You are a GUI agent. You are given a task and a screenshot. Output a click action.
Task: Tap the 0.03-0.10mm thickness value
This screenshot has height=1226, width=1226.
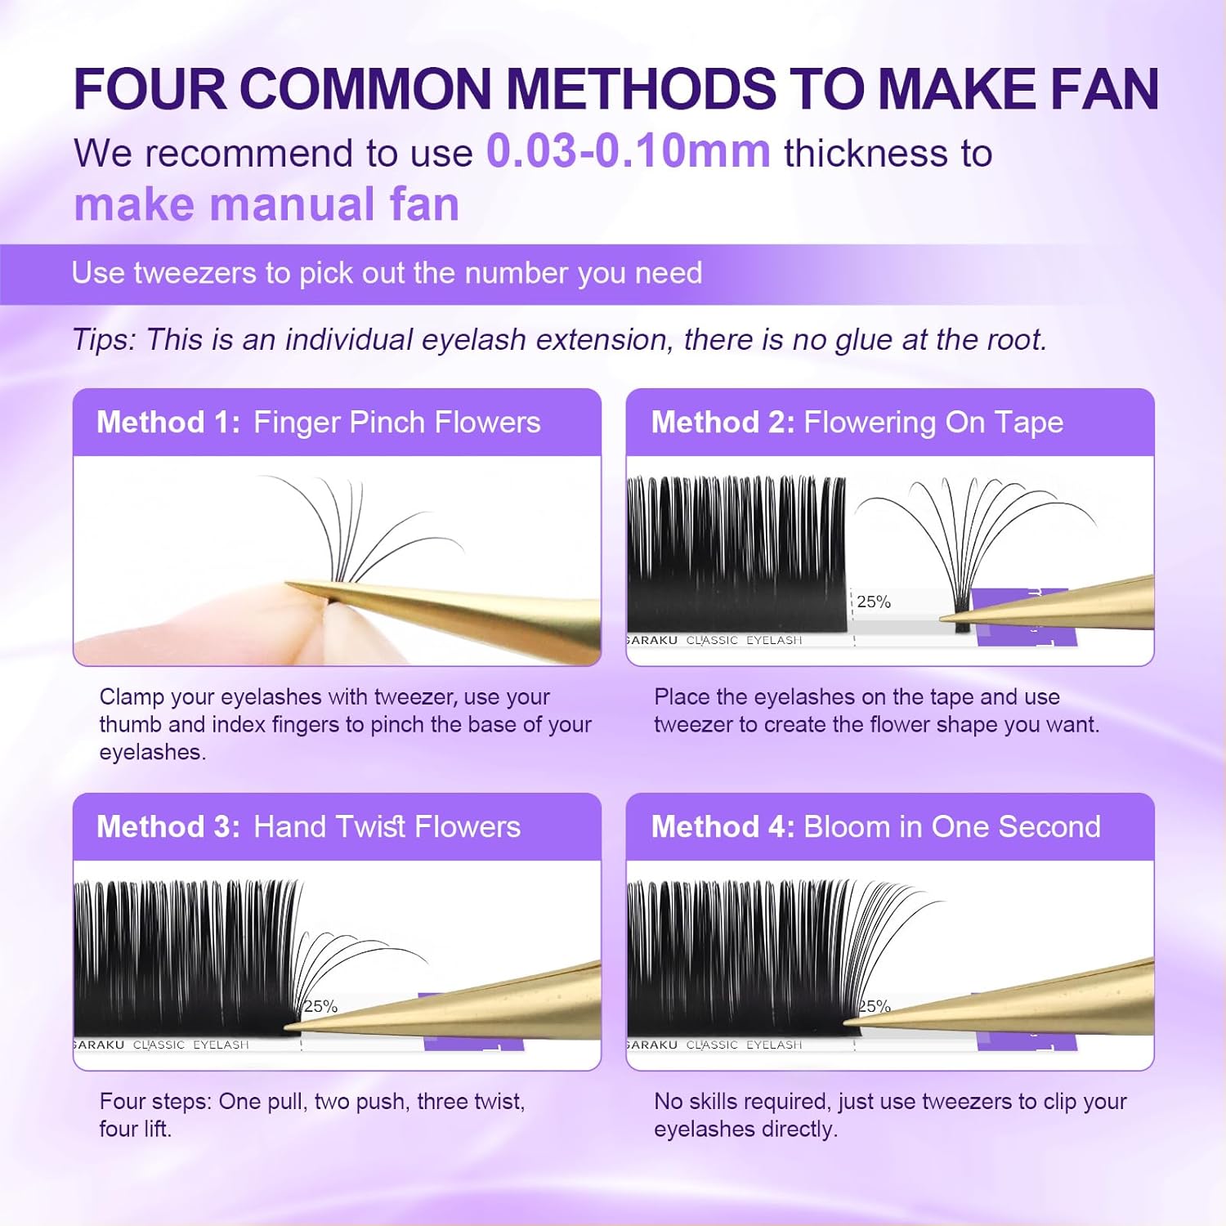(628, 151)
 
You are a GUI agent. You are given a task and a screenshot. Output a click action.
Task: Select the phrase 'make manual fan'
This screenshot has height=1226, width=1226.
(266, 204)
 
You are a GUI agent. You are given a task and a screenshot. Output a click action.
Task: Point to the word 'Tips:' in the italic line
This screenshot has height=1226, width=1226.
(104, 339)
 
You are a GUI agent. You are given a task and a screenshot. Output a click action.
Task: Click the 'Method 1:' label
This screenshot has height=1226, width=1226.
(168, 423)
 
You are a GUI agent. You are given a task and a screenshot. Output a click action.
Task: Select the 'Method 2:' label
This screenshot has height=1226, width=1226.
(723, 423)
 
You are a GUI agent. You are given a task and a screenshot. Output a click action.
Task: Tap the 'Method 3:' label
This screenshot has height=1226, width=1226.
(168, 827)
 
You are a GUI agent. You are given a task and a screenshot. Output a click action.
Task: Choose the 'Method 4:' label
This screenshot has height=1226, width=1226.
(723, 827)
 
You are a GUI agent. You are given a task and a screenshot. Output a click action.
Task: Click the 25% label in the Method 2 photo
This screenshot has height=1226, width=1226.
(874, 602)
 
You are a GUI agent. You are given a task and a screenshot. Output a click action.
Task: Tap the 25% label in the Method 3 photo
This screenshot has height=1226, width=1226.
(320, 1007)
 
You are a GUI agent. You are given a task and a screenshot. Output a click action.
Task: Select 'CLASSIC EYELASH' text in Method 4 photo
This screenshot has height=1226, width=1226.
(744, 1045)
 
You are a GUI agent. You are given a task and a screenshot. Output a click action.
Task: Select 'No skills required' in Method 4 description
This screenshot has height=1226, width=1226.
(741, 1102)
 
